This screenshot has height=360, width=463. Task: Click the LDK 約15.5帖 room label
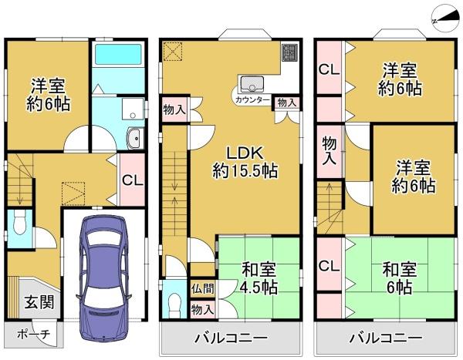pyautogui.click(x=245, y=162)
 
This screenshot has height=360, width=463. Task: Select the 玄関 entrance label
pyautogui.click(x=39, y=301)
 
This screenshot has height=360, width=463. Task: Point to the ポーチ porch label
pyautogui.click(x=34, y=335)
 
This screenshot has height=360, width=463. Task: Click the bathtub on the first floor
pyautogui.click(x=118, y=54)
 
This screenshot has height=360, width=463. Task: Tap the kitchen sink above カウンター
pyautogui.click(x=252, y=84)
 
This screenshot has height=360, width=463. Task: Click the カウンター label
pyautogui.click(x=252, y=100)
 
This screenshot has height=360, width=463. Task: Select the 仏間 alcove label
pyautogui.click(x=202, y=288)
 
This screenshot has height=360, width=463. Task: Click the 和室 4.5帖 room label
pyautogui.click(x=259, y=278)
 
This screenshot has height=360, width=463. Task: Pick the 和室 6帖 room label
pyautogui.click(x=400, y=278)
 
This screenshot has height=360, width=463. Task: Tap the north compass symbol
pyautogui.click(x=445, y=19)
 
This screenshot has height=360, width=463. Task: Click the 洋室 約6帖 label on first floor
pyautogui.click(x=48, y=95)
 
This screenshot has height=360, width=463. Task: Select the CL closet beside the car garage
pyautogui.click(x=133, y=180)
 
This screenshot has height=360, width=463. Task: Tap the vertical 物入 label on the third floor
pyautogui.click(x=330, y=150)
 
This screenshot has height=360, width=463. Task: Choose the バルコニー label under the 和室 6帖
pyautogui.click(x=386, y=338)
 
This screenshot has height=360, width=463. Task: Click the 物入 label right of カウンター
pyautogui.click(x=287, y=103)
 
